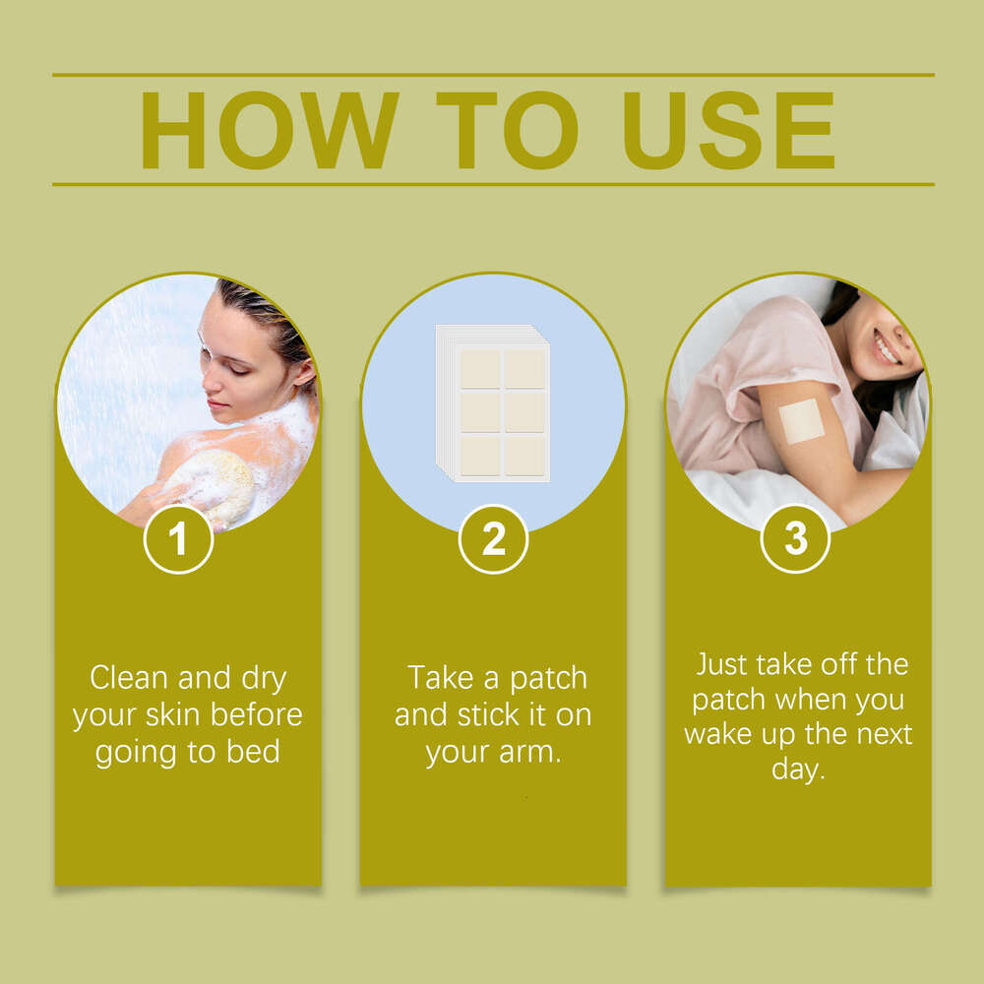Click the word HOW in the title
270,130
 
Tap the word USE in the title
728,130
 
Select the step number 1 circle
178,539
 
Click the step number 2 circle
493,539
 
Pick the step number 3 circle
795,538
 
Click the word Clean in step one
129,678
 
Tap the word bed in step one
253,751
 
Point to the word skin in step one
172,714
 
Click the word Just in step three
721,664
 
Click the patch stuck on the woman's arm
801,421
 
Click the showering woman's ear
304,374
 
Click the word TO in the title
507,130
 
